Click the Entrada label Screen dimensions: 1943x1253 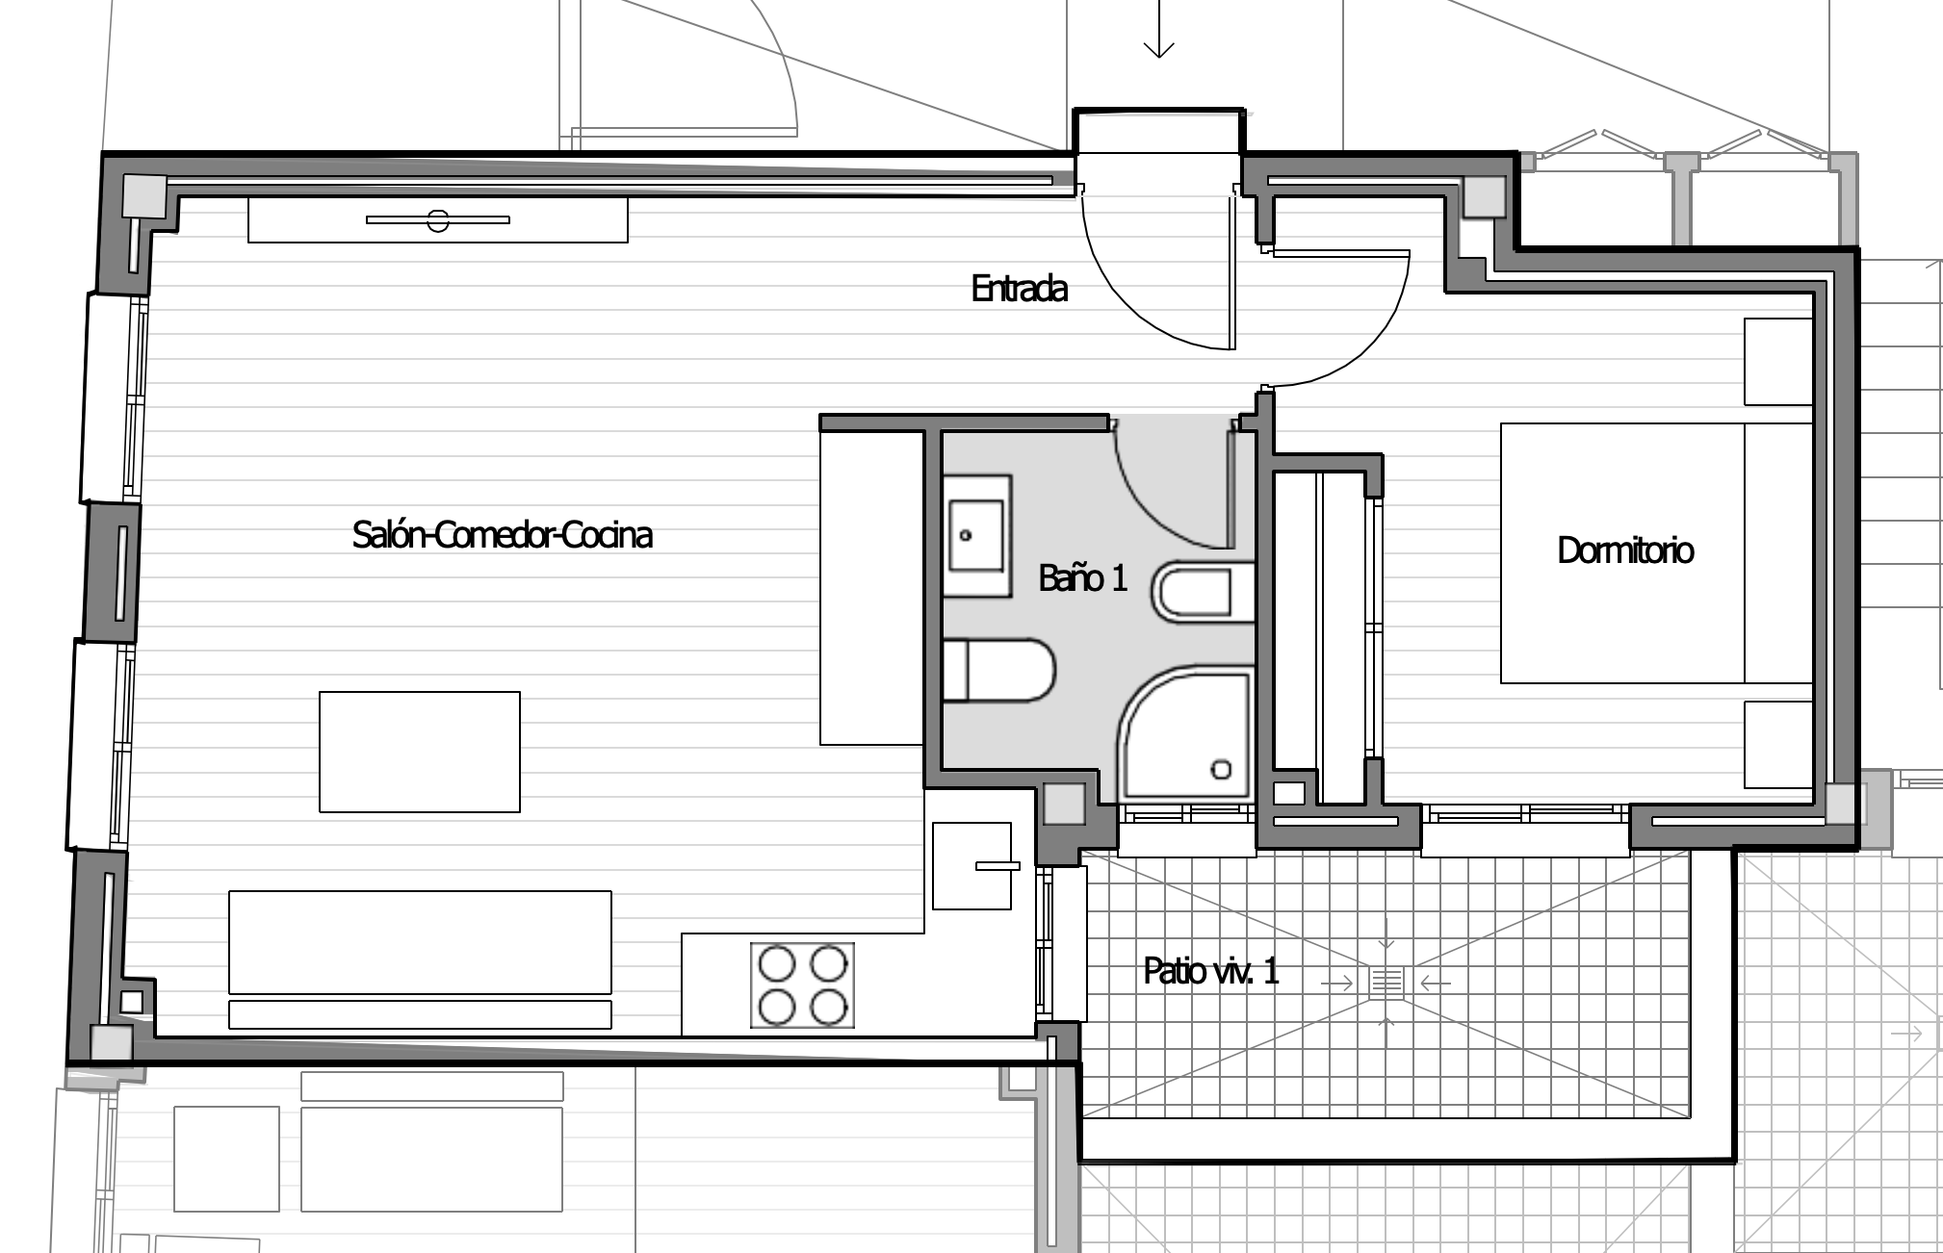coord(1020,289)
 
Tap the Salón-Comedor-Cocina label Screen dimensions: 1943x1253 coord(503,535)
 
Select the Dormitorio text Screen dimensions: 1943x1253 coord(1625,550)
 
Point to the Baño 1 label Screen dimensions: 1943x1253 coord(1082,578)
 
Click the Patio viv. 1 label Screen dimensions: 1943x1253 coord(1211,971)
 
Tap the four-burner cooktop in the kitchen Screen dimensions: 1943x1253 coord(802,985)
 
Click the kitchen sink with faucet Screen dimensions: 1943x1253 coord(972,865)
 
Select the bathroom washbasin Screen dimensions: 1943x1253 coord(977,535)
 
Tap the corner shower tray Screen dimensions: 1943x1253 coord(1185,736)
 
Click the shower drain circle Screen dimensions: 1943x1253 coord(1222,769)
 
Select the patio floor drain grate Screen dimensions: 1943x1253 coord(1386,982)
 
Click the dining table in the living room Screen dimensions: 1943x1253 coord(420,752)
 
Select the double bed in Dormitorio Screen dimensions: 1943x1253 coord(1656,553)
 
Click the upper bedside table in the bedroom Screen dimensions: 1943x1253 coord(1779,361)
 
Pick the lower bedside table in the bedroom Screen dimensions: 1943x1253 coord(1779,745)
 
